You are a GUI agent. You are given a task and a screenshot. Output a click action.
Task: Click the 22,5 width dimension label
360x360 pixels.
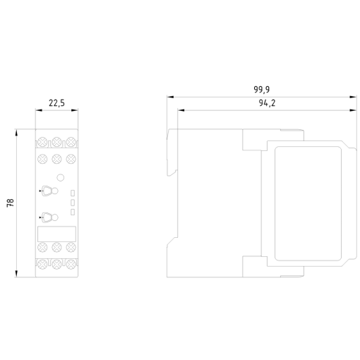point(56,103)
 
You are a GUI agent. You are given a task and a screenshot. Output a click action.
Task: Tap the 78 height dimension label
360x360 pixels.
point(11,203)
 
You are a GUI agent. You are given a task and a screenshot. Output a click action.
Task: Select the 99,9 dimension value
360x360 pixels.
point(262,90)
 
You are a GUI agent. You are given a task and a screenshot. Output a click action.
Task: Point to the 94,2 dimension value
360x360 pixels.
point(267,103)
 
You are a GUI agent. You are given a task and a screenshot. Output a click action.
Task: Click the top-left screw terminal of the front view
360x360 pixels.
point(42,142)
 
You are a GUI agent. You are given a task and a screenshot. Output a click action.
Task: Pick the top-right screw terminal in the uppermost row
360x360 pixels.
point(71,142)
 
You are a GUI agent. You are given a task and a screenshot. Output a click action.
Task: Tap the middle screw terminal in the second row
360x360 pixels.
point(56,159)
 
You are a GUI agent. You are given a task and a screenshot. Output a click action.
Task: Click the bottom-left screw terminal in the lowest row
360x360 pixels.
point(42,264)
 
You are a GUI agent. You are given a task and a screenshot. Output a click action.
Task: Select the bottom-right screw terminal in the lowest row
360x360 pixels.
point(71,264)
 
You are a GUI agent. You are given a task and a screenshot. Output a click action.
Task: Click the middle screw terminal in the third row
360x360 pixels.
point(56,247)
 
